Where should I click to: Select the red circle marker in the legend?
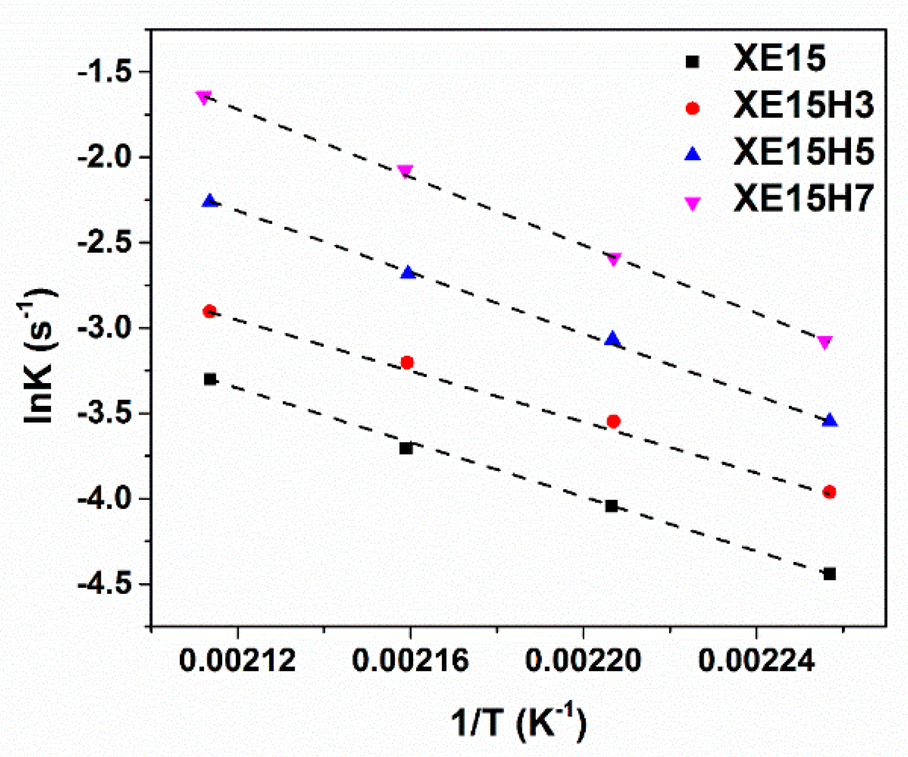pos(693,108)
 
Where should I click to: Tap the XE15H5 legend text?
pos(803,151)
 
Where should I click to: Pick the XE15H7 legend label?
pos(803,198)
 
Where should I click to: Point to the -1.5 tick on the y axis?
pos(104,72)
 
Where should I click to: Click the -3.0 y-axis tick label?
pos(104,328)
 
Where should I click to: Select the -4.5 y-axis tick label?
pos(104,584)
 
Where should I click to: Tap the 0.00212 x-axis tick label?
pos(237,661)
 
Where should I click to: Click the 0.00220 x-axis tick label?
pos(583,661)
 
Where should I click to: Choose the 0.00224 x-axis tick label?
pos(756,661)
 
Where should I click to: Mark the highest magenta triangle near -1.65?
pos(204,97)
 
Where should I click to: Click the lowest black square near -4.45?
pos(829,574)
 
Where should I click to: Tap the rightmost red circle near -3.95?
pos(829,492)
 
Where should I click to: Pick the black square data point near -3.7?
pos(406,449)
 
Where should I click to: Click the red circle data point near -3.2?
pos(407,363)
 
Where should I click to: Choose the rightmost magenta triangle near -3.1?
pos(825,342)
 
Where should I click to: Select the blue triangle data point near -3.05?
pos(613,339)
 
